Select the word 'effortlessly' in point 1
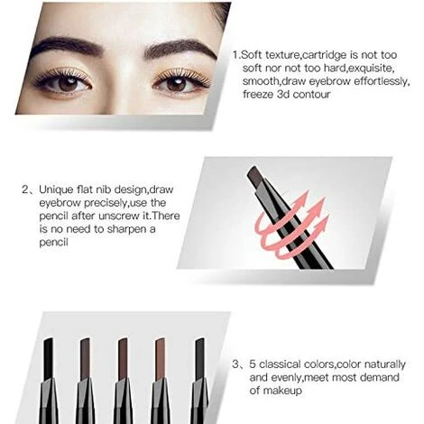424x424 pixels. [381, 81]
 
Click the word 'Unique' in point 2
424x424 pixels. [56, 190]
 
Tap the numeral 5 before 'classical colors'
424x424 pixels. [253, 364]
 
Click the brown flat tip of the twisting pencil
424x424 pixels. [255, 178]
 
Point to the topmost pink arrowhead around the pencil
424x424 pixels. [303, 197]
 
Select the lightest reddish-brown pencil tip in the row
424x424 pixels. [160, 358]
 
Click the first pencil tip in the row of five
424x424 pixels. [49, 358]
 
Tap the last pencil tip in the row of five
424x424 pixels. [199, 358]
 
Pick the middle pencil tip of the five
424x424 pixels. [123, 358]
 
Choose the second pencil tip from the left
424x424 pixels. [85, 358]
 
